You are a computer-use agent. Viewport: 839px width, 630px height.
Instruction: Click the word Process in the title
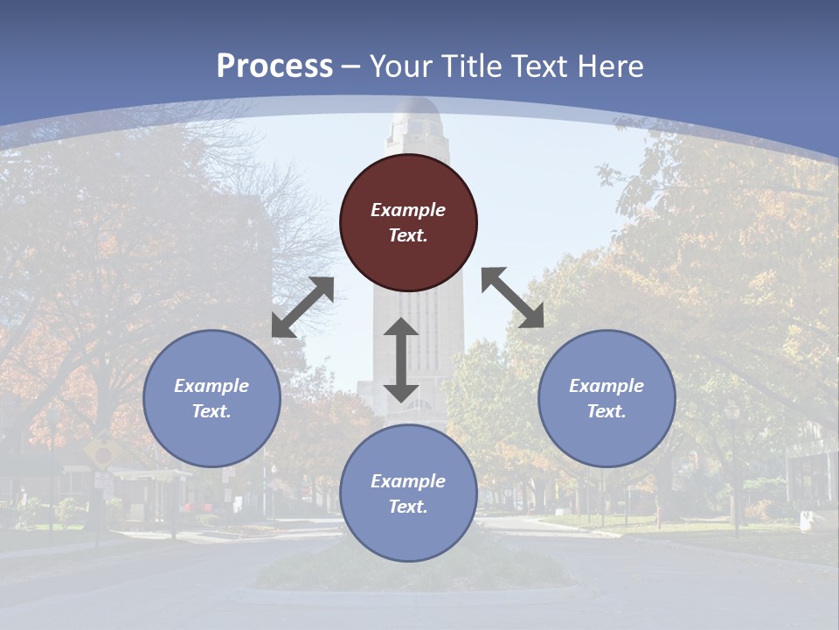(x=274, y=66)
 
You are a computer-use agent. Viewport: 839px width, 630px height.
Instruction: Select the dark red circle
(x=408, y=223)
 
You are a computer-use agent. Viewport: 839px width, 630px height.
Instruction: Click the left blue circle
(x=211, y=398)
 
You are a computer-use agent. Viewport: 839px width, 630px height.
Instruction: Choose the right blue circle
(x=607, y=398)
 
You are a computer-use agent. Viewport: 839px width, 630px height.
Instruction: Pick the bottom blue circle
(x=408, y=493)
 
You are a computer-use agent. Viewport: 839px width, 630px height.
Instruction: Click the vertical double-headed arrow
(x=401, y=360)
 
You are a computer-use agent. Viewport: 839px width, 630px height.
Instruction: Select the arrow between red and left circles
(x=302, y=307)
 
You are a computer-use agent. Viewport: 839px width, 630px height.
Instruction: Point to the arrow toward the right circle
(x=512, y=298)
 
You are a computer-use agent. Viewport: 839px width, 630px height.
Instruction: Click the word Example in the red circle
(x=408, y=210)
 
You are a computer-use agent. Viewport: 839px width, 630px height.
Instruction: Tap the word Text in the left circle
(x=211, y=411)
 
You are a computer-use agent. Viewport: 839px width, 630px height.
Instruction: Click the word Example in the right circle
(x=607, y=386)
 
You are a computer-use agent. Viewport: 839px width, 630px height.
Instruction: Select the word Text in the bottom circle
(x=408, y=507)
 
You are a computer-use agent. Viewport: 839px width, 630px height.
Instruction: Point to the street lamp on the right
(x=732, y=464)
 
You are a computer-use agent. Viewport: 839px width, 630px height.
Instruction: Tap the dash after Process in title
(x=351, y=66)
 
